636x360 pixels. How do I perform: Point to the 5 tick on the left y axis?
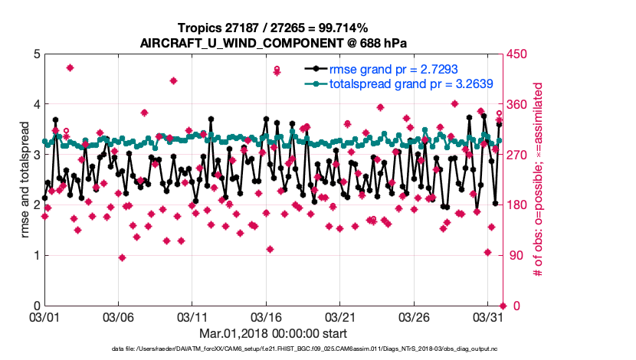click(37, 54)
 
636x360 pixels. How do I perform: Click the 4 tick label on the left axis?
click(37, 104)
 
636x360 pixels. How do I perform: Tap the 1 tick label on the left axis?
click(37, 255)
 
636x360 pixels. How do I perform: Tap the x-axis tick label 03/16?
click(266, 317)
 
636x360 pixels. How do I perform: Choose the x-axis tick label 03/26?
click(414, 317)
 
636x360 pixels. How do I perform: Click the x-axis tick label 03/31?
click(488, 317)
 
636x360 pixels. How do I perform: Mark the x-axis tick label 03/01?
click(44, 317)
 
